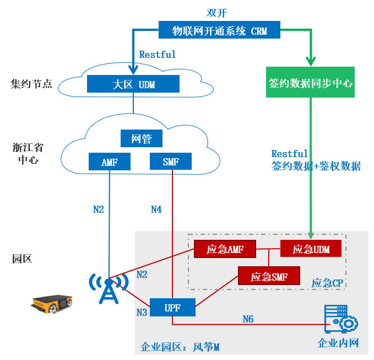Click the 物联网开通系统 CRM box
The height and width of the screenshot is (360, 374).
pos(220,31)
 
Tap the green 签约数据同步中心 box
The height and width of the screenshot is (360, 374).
pos(311,84)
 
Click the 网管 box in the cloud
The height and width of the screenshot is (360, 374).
pos(142,139)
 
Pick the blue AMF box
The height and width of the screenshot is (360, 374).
pos(110,162)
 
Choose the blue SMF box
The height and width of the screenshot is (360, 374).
pos(171,162)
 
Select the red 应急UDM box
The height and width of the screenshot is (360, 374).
pos(311,249)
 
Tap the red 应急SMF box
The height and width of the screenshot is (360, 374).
pos(270,276)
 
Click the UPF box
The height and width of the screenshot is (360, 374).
pos(172,308)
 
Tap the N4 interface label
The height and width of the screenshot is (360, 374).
pos(158,209)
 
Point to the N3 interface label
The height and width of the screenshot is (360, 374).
pos(143,313)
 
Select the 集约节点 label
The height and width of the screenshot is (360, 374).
pos(31,85)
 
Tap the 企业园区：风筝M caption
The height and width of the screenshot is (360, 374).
pos(180,347)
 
